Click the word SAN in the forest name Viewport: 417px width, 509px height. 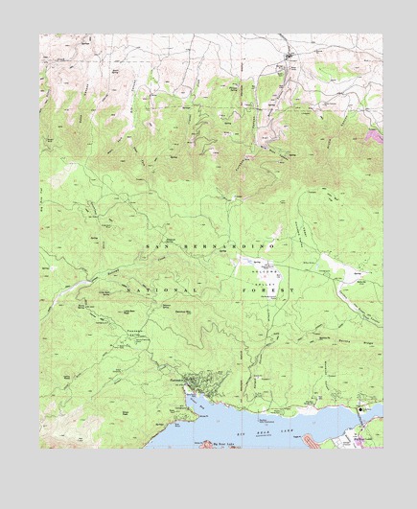(x=155, y=247)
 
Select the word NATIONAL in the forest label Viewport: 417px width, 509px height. (x=168, y=289)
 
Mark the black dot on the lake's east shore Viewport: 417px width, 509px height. (x=360, y=409)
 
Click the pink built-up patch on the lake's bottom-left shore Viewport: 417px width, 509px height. (x=205, y=444)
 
